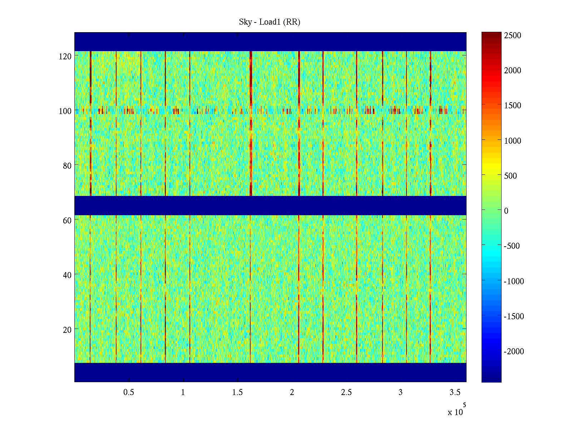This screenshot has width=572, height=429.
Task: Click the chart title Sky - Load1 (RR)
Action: [270, 22]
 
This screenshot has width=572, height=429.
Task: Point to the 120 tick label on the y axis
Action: [65, 56]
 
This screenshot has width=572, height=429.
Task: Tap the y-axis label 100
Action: [65, 111]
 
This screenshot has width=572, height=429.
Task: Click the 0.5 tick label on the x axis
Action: [129, 393]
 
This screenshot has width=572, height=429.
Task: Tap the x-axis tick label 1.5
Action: [237, 393]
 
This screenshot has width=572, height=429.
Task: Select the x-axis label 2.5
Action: [346, 393]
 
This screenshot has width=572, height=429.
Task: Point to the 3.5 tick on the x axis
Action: [455, 393]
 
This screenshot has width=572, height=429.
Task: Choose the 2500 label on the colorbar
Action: [513, 35]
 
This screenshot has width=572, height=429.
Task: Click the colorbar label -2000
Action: [514, 351]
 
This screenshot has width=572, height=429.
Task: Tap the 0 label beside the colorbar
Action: [506, 211]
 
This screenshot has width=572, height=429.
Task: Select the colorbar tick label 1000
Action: [513, 141]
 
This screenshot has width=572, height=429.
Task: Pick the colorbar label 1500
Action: [513, 105]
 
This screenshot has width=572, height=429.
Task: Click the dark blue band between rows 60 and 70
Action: [270, 206]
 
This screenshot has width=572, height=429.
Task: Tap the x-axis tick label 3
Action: [400, 393]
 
